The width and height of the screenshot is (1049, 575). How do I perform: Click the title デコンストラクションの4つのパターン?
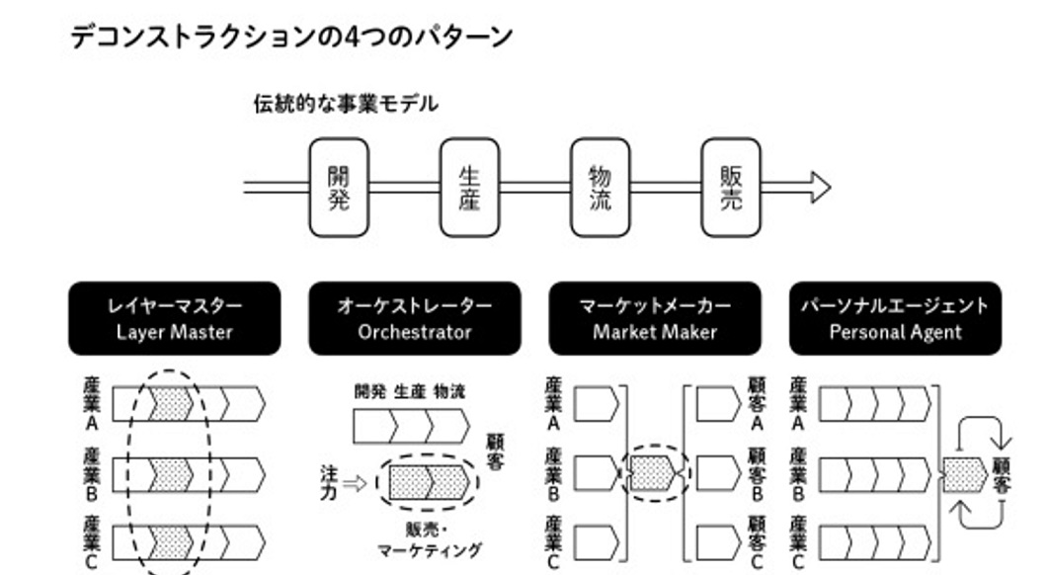(291, 38)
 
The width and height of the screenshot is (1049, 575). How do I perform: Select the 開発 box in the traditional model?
(338, 188)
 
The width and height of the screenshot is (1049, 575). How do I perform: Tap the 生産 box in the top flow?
(469, 188)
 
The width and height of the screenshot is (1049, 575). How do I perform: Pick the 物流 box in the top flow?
(600, 188)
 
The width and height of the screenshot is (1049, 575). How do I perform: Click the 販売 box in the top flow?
(731, 188)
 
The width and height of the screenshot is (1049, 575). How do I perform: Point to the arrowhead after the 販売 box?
(820, 188)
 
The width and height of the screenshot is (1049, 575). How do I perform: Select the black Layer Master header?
(174, 318)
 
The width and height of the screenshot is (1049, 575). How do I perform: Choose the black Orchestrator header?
(414, 318)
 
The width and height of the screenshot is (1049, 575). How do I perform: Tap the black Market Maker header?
(654, 318)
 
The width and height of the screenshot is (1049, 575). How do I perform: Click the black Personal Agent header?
(895, 318)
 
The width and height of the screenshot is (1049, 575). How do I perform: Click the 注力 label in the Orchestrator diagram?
(328, 481)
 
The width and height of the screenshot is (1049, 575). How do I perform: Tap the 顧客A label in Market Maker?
(758, 403)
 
